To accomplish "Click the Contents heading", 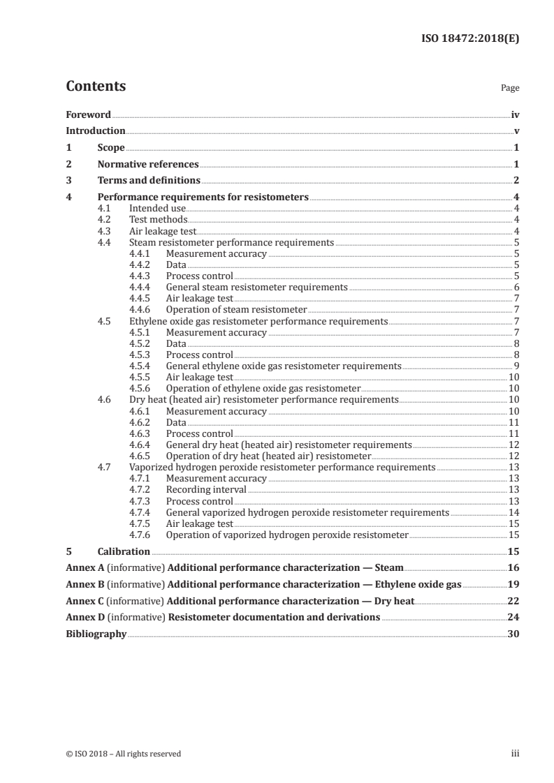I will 96,87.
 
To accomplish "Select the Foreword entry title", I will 88,114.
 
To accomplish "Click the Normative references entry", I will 148,165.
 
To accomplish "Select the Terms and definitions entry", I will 149,181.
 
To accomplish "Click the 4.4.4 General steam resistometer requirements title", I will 256,287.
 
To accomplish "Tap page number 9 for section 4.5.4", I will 516,366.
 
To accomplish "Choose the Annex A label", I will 82,567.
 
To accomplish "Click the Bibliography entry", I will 96,634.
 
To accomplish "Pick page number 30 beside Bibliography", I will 513,634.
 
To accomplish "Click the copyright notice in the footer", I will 123,754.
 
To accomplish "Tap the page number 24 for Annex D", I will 513,617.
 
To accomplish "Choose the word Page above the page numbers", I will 510,89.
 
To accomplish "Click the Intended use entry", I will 157,208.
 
